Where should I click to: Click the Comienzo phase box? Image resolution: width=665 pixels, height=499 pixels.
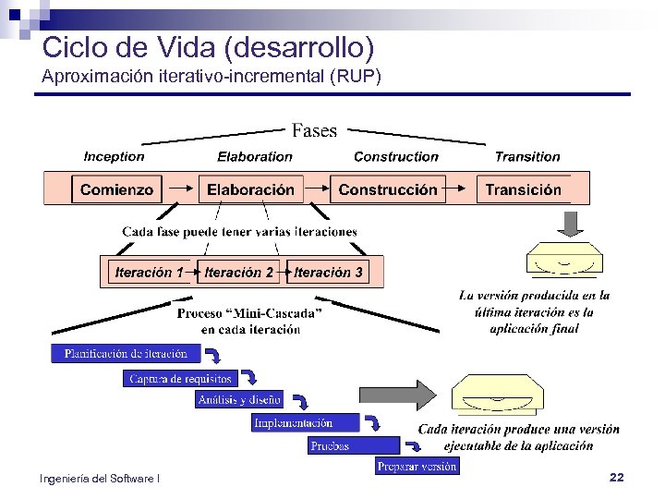tap(116, 189)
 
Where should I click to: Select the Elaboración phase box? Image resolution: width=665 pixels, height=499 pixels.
tap(250, 189)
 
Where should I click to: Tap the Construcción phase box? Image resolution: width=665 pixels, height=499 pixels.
tap(388, 189)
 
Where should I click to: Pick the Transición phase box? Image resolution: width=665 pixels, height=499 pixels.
tap(523, 189)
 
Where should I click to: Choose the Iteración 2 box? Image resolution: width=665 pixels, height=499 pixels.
tap(239, 273)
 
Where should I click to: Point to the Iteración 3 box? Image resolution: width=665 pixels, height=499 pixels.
tap(329, 273)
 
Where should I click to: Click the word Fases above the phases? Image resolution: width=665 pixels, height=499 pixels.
tap(314, 131)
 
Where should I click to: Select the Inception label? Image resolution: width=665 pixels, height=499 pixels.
tap(114, 157)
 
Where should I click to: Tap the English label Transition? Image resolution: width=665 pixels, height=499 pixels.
tap(527, 157)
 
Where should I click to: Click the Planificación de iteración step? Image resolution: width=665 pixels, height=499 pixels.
tap(126, 353)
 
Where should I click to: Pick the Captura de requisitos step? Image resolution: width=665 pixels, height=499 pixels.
tap(180, 378)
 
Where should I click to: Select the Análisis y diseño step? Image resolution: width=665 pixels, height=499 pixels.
tap(239, 399)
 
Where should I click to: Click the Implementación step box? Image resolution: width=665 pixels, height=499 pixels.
tap(293, 422)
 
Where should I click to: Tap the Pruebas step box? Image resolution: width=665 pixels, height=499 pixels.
tap(330, 445)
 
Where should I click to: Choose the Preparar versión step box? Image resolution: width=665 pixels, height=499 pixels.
tap(417, 467)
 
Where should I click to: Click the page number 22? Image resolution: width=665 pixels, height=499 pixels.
tap(617, 477)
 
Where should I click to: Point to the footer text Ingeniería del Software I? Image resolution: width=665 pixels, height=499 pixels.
tap(100, 478)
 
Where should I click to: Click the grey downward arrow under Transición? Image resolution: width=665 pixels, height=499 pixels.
tap(571, 224)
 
